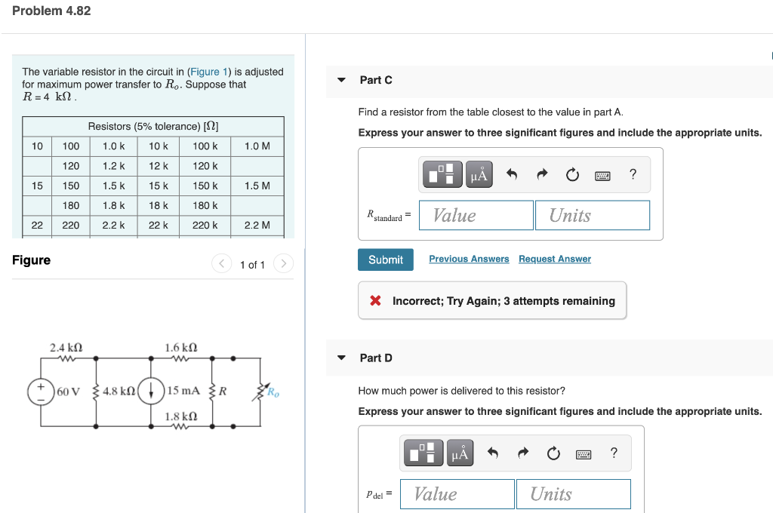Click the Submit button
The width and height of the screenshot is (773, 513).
click(385, 260)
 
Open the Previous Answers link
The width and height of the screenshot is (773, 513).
click(469, 259)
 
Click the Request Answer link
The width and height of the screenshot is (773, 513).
click(554, 259)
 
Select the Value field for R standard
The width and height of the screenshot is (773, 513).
click(476, 215)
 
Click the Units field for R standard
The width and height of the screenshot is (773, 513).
click(591, 215)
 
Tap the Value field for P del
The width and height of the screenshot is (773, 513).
click(457, 494)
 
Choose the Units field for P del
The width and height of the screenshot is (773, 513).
click(573, 494)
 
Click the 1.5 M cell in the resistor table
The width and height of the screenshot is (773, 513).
click(257, 186)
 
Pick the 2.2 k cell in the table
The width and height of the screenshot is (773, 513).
click(114, 225)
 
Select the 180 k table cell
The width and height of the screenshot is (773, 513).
click(205, 205)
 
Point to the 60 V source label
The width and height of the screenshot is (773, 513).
click(68, 391)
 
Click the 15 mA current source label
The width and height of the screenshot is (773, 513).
click(183, 391)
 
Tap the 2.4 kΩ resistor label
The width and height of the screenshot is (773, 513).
click(66, 348)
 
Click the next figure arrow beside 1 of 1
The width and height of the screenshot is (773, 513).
click(283, 264)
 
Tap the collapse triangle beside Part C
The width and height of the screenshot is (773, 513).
click(341, 80)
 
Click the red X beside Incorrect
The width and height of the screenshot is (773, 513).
click(375, 301)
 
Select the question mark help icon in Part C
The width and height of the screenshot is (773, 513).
click(633, 175)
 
